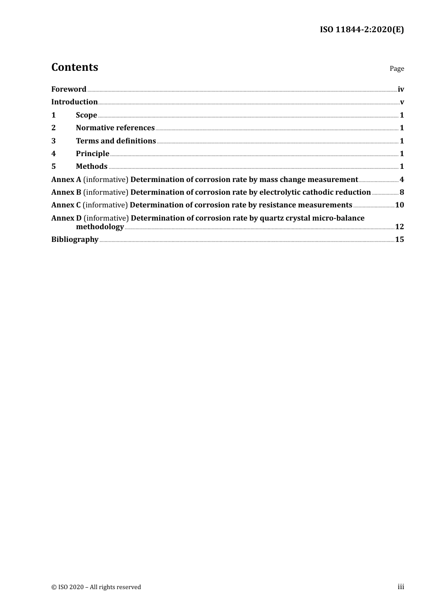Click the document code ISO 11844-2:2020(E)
362,30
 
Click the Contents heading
74,67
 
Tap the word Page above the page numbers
397,69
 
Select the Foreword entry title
69,89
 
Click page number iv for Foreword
401,89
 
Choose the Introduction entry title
74,102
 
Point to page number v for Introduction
402,102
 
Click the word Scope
86,115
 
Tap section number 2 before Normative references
54,128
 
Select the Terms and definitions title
116,141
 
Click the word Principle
93,154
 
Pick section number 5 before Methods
54,167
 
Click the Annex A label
66,180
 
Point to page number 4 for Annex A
402,180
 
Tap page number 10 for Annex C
399,205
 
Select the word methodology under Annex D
100,227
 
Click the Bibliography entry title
75,240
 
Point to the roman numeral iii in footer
401,587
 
